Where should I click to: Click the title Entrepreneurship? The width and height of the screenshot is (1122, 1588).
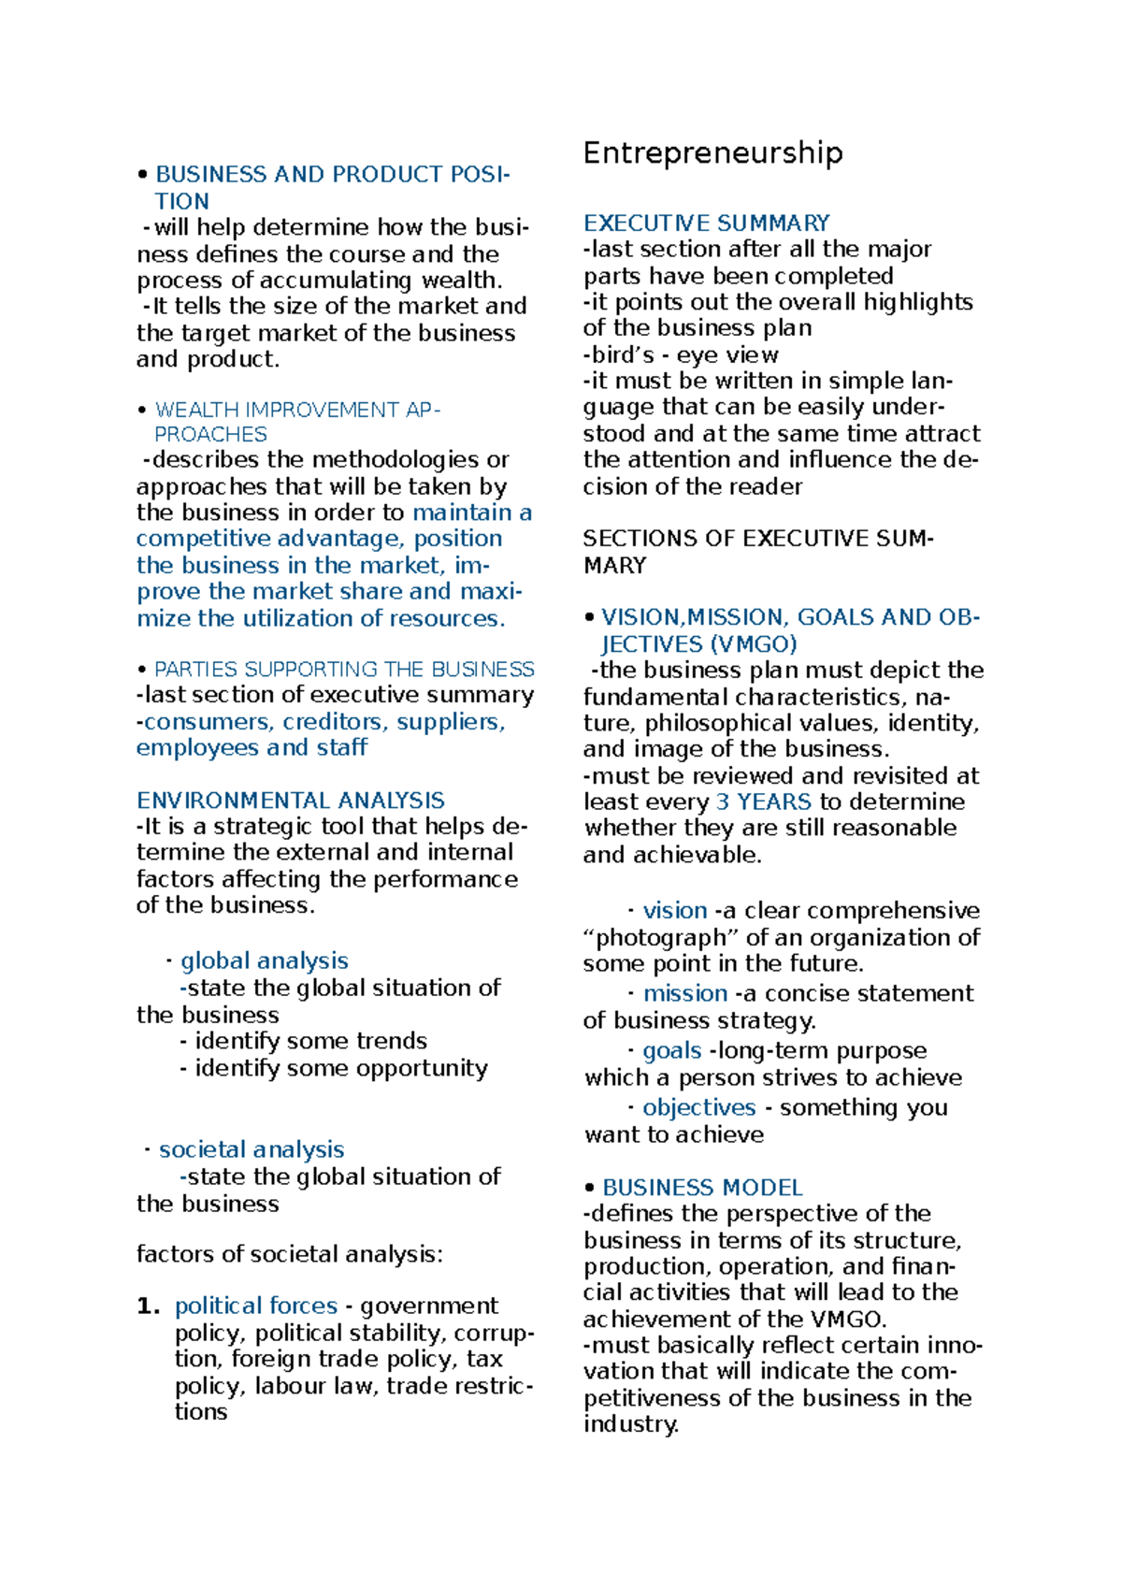click(x=712, y=152)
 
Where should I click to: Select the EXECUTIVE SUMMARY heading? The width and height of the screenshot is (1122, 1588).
click(x=706, y=223)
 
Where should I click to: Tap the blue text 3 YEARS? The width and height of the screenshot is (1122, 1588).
click(x=763, y=801)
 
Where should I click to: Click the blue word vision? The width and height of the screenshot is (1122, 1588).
click(x=674, y=910)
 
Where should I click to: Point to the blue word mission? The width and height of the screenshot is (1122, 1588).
click(x=684, y=993)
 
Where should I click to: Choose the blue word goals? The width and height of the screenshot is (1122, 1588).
click(x=671, y=1050)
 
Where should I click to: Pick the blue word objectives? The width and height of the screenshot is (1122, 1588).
click(x=698, y=1107)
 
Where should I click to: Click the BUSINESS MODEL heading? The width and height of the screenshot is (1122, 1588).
click(x=701, y=1187)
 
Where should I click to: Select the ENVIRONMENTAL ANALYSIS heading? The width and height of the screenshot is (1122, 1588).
click(x=290, y=801)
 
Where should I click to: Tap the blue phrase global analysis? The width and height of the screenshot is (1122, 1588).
click(x=264, y=960)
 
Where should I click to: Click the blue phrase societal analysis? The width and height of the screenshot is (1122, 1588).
click(x=251, y=1149)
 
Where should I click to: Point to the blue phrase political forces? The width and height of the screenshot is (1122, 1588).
click(x=255, y=1306)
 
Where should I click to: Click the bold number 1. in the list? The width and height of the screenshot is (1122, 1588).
click(x=148, y=1306)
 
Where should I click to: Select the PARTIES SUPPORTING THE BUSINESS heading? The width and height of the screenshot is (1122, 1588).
click(x=343, y=670)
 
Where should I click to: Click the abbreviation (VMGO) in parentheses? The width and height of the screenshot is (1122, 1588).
click(x=753, y=644)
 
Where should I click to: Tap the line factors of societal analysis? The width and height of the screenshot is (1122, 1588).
click(x=289, y=1254)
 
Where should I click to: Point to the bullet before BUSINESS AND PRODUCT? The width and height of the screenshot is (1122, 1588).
click(x=142, y=175)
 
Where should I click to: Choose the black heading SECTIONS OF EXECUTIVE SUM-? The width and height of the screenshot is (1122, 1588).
click(x=757, y=539)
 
